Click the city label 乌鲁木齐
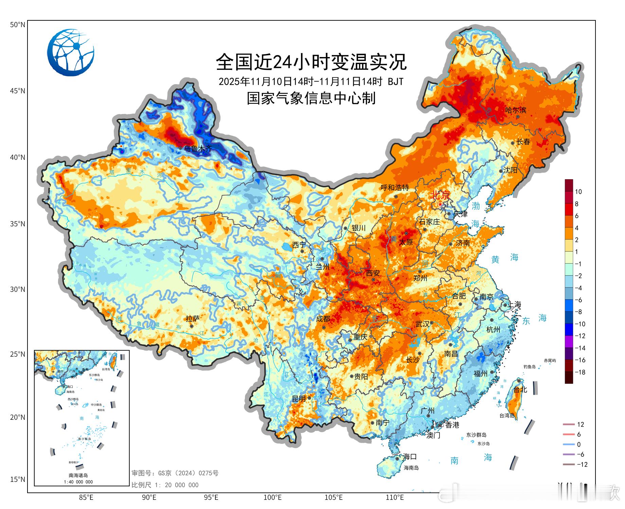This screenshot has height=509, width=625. click(198, 148)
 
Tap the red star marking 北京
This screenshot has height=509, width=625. click(441, 204)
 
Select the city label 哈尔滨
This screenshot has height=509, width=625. click(516, 110)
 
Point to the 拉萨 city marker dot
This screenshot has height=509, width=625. click(192, 326)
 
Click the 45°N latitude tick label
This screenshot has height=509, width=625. click(17, 91)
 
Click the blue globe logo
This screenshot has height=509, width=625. click(71, 53)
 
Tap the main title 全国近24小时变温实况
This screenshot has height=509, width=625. click(311, 62)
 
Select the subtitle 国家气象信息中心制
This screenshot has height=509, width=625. click(311, 98)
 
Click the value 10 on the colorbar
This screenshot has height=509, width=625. click(578, 192)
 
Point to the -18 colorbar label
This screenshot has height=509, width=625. click(580, 372)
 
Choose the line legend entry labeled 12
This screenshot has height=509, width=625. click(580, 425)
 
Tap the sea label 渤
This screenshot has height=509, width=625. click(476, 206)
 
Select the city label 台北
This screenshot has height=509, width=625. click(520, 390)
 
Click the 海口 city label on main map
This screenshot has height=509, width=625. click(410, 457)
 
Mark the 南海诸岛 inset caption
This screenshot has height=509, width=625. click(78, 475)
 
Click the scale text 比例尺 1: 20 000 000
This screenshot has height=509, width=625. click(165, 485)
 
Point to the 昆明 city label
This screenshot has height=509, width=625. click(299, 399)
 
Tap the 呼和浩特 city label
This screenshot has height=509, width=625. click(394, 188)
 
